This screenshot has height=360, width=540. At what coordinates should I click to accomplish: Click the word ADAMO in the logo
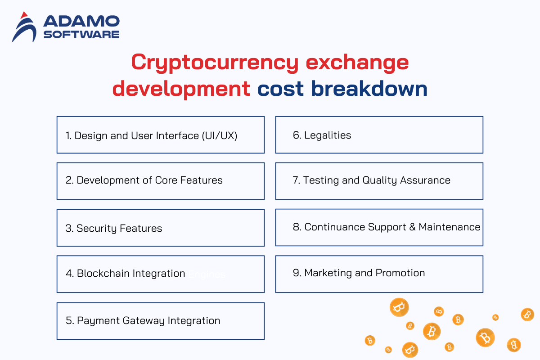click(x=81, y=21)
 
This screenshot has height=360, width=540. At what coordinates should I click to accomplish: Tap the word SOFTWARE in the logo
click(x=81, y=35)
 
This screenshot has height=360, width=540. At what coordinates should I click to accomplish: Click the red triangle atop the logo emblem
click(x=24, y=15)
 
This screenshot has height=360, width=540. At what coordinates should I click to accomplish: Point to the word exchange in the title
click(x=357, y=63)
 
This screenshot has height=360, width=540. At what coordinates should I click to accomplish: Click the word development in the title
click(x=181, y=89)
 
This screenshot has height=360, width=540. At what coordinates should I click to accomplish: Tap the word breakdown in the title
click(x=369, y=89)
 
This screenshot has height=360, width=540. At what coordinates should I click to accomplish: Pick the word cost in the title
click(x=280, y=89)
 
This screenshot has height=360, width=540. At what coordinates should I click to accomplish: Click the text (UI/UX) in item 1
click(x=220, y=136)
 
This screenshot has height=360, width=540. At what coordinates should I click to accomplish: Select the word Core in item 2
click(x=166, y=180)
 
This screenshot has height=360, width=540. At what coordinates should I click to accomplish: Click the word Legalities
click(x=328, y=135)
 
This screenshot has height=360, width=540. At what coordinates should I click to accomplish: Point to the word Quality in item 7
click(x=380, y=180)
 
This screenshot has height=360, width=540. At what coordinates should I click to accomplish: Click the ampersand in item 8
click(x=413, y=227)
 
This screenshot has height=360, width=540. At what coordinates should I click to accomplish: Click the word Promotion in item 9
click(x=400, y=273)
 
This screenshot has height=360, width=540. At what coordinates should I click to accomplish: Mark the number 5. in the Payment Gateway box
click(x=70, y=321)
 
